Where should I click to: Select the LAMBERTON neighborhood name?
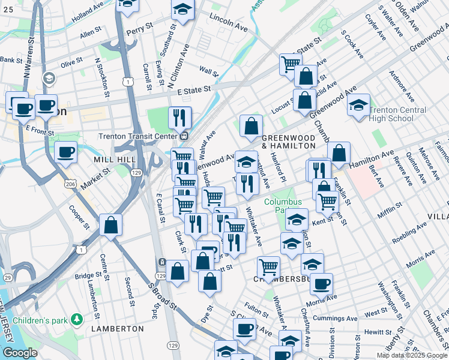[x=117, y=329]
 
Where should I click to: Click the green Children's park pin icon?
[x=76, y=317]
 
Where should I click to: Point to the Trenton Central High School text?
[x=398, y=114]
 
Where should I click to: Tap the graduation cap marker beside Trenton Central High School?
[x=359, y=105]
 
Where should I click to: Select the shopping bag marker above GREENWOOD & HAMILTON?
[x=251, y=126]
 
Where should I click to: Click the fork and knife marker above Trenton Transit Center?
[x=179, y=118]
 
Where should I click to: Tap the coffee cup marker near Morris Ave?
[x=321, y=283]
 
